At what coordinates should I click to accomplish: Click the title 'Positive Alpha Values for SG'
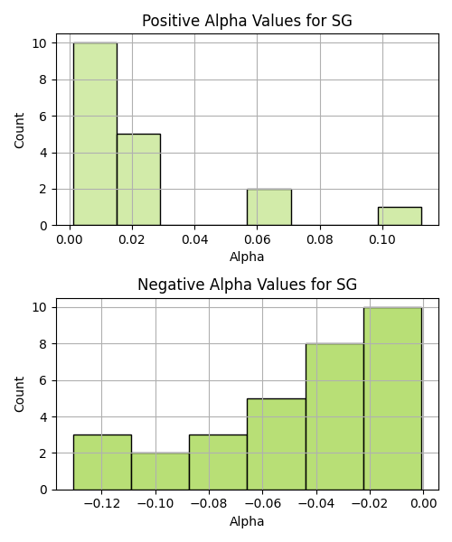pos(247,21)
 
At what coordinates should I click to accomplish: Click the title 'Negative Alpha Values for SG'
pos(247,285)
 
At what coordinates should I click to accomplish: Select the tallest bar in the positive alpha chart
pos(95,134)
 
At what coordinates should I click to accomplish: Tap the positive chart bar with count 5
pos(138,180)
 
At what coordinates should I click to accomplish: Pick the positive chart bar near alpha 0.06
pos(269,208)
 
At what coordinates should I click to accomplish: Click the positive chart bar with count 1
pos(400,217)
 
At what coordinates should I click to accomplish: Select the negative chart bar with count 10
pos(393,398)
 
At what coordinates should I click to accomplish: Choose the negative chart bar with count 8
pos(334,416)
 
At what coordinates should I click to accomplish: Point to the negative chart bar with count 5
pos(277,444)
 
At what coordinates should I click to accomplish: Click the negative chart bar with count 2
pos(160,472)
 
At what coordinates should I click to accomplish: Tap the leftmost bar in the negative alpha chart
pos(102,463)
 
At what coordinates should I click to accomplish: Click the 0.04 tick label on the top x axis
pos(194,239)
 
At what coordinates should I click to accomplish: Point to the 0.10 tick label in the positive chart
pos(382,239)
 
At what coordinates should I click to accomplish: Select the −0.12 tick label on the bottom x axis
pos(101,504)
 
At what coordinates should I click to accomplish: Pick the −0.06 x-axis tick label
pos(262,504)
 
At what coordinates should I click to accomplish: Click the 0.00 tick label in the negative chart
pos(424,504)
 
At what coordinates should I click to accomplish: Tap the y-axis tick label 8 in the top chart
pos(43,79)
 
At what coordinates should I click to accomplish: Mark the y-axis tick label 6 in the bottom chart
pos(43,380)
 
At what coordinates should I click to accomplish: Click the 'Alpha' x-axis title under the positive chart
pos(247,257)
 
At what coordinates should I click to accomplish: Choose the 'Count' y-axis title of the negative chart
pos(19,394)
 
